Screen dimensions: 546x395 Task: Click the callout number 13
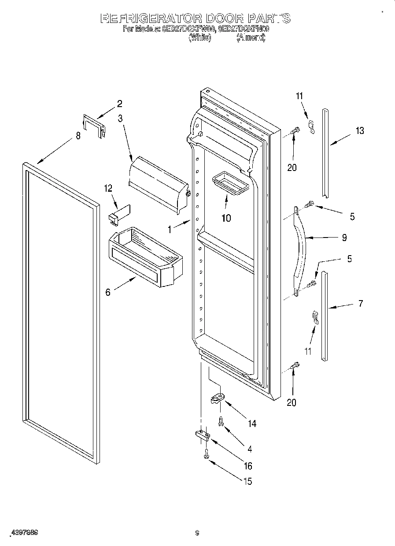[360, 131]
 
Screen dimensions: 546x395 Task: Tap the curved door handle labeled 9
[301, 247]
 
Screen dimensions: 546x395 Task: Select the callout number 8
[78, 136]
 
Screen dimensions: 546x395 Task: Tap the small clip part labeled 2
[95, 126]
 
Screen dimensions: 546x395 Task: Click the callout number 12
[108, 188]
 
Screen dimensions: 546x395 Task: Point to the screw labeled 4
[220, 421]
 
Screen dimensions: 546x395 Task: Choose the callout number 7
[360, 303]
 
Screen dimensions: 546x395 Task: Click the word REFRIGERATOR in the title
[151, 19]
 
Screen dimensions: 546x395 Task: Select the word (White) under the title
[200, 38]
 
